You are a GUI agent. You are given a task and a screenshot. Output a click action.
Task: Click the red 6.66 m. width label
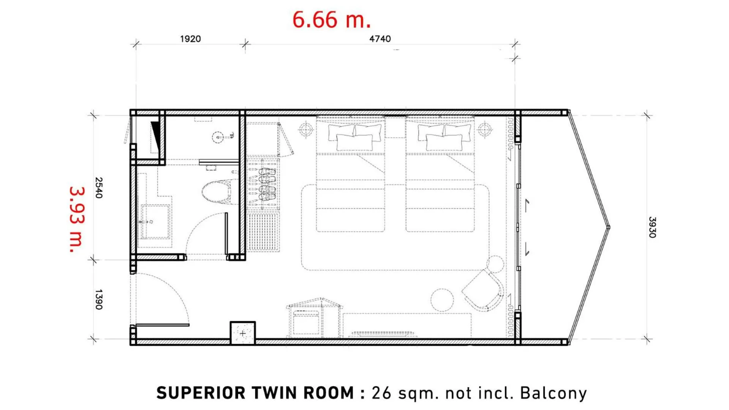tap(331, 20)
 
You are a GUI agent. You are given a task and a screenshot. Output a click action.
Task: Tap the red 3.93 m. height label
tap(77, 219)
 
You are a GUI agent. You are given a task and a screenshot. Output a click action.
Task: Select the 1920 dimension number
tap(190, 39)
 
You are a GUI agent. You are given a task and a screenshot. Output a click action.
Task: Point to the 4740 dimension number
tap(380, 39)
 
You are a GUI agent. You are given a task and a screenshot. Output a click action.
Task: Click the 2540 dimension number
tap(99, 188)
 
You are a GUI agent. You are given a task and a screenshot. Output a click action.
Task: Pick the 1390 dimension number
tap(99, 300)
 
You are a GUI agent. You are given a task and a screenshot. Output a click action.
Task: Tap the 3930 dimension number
tap(652, 227)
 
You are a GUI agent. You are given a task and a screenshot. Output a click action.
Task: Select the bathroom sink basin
tap(155, 222)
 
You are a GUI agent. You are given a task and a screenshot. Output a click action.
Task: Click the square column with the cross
tap(243, 333)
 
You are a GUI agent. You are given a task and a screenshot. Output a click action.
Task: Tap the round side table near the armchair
tap(442, 300)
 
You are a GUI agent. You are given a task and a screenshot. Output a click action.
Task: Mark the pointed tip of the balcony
tap(609, 227)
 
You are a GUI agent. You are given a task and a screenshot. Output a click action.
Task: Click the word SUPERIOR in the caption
tap(201, 393)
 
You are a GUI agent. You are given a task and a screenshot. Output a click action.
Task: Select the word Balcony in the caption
tap(553, 394)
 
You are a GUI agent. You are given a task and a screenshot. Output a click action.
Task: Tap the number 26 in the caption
tap(381, 393)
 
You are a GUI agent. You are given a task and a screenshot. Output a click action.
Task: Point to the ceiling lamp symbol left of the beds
tap(306, 130)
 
